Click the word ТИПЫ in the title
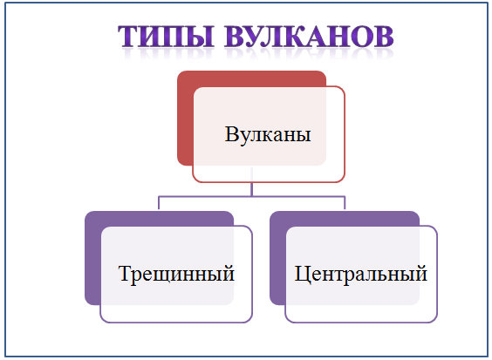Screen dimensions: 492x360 [x=166, y=37]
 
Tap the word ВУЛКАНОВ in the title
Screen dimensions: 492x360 [x=309, y=37]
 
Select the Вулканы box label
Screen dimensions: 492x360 [x=268, y=134]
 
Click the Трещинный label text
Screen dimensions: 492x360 [x=177, y=274]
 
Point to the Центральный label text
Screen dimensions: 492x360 [x=361, y=274]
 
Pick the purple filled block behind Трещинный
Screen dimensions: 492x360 [x=92, y=258]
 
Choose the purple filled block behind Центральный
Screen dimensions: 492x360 [x=277, y=258]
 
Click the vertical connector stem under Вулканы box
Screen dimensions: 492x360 [x=251, y=182]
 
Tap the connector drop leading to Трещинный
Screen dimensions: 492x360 [x=159, y=203]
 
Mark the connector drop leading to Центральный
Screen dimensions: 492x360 [x=345, y=203]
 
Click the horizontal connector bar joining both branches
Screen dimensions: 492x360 [x=251, y=197]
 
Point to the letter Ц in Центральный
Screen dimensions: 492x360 [x=302, y=275]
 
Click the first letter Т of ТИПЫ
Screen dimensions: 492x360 [x=127, y=37]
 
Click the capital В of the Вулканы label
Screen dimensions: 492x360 [x=232, y=134]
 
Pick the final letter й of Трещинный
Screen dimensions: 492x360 [x=228, y=272]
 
